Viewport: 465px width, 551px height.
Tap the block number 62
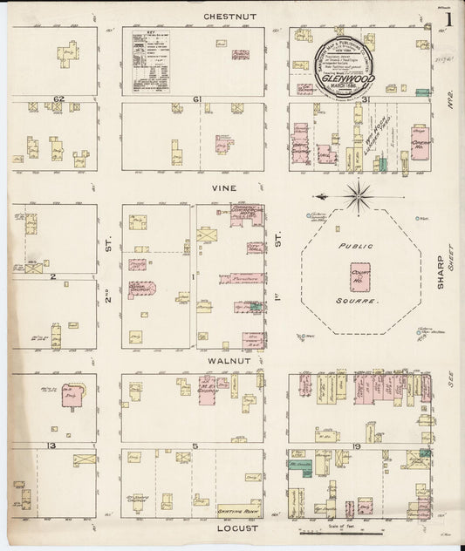pos(59,99)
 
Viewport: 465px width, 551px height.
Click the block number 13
pos(52,446)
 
